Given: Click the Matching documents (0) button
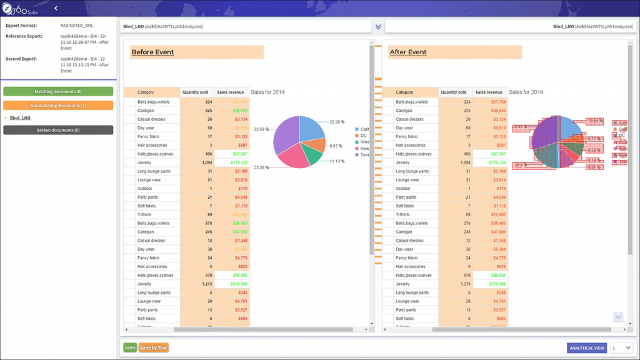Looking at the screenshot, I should (x=58, y=91).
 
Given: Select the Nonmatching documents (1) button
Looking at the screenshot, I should (x=58, y=106).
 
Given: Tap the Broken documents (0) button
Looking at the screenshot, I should (x=58, y=130).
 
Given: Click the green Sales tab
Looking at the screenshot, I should (x=130, y=347).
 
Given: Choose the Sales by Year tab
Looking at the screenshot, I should (x=154, y=347).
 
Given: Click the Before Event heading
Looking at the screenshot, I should (x=152, y=52).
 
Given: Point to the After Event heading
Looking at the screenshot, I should (x=408, y=52).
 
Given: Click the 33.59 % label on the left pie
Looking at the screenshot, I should (x=261, y=129).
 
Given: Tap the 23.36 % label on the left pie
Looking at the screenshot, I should (x=261, y=167).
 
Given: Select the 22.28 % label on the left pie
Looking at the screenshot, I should (x=337, y=122).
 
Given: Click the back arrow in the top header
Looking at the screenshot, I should (x=56, y=8).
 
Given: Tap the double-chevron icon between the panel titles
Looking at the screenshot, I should (x=378, y=27).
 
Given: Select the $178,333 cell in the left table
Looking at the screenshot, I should (x=231, y=162).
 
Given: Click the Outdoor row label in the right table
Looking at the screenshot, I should (x=404, y=188).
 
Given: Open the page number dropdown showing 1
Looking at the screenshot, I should (x=621, y=348).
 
